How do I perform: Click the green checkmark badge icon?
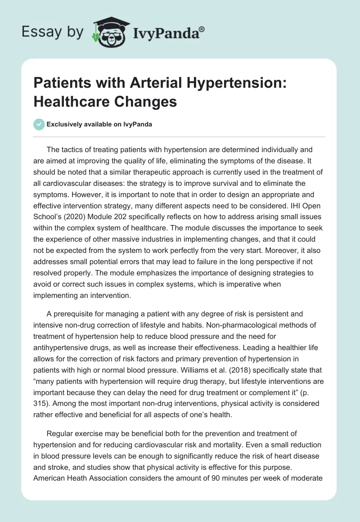click(x=39, y=124)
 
